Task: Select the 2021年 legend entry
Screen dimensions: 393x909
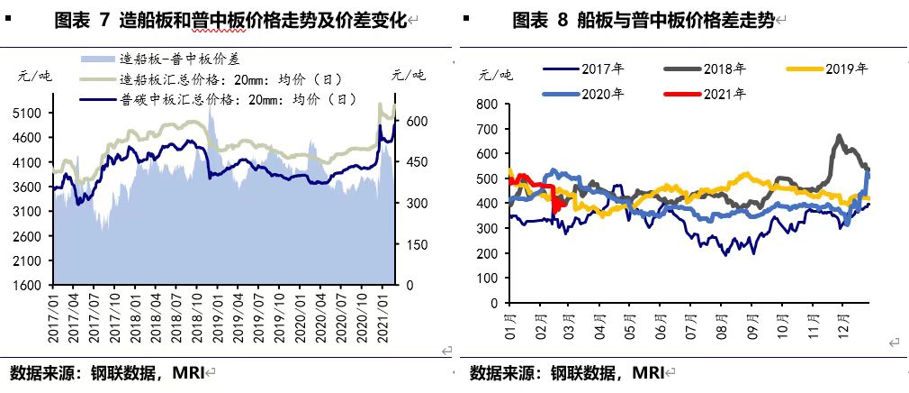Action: pyautogui.click(x=725, y=93)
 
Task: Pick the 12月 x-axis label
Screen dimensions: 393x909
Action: pyautogui.click(x=843, y=320)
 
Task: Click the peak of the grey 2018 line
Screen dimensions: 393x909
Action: pyautogui.click(x=839, y=136)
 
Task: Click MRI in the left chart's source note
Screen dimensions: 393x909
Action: pyautogui.click(x=189, y=372)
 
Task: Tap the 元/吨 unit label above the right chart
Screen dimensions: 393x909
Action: pyautogui.click(x=496, y=75)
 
